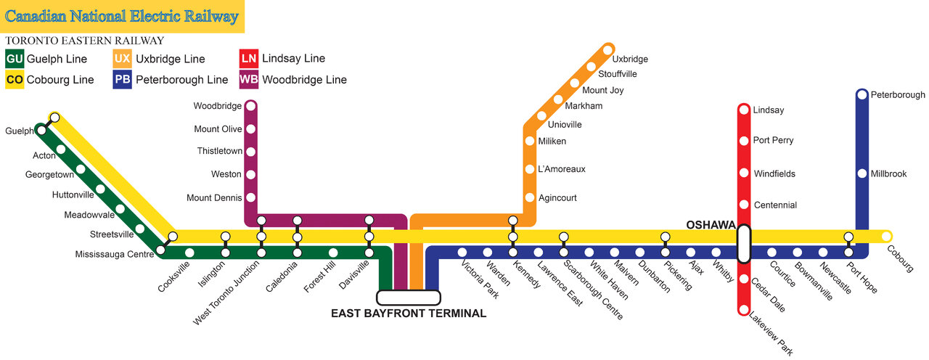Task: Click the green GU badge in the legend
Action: pyautogui.click(x=15, y=59)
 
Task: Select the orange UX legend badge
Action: pyautogui.click(x=123, y=59)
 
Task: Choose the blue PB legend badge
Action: pyautogui.click(x=123, y=80)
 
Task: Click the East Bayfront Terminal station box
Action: pyautogui.click(x=408, y=298)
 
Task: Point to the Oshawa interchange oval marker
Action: pyautogui.click(x=744, y=243)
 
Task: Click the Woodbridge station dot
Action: pyautogui.click(x=250, y=106)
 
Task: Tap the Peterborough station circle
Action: pyautogui.click(x=862, y=94)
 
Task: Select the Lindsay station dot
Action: pyautogui.click(x=744, y=110)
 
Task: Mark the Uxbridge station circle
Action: pyautogui.click(x=608, y=50)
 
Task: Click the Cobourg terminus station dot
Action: pyautogui.click(x=886, y=235)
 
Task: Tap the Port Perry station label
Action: pyautogui.click(x=773, y=140)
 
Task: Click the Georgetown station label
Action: pyautogui.click(x=49, y=175)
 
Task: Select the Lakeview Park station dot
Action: pyautogui.click(x=744, y=310)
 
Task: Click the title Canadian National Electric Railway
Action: pyautogui.click(x=122, y=16)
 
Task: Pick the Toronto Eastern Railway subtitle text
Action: pyautogui.click(x=84, y=41)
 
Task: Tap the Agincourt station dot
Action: pyautogui.click(x=530, y=197)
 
